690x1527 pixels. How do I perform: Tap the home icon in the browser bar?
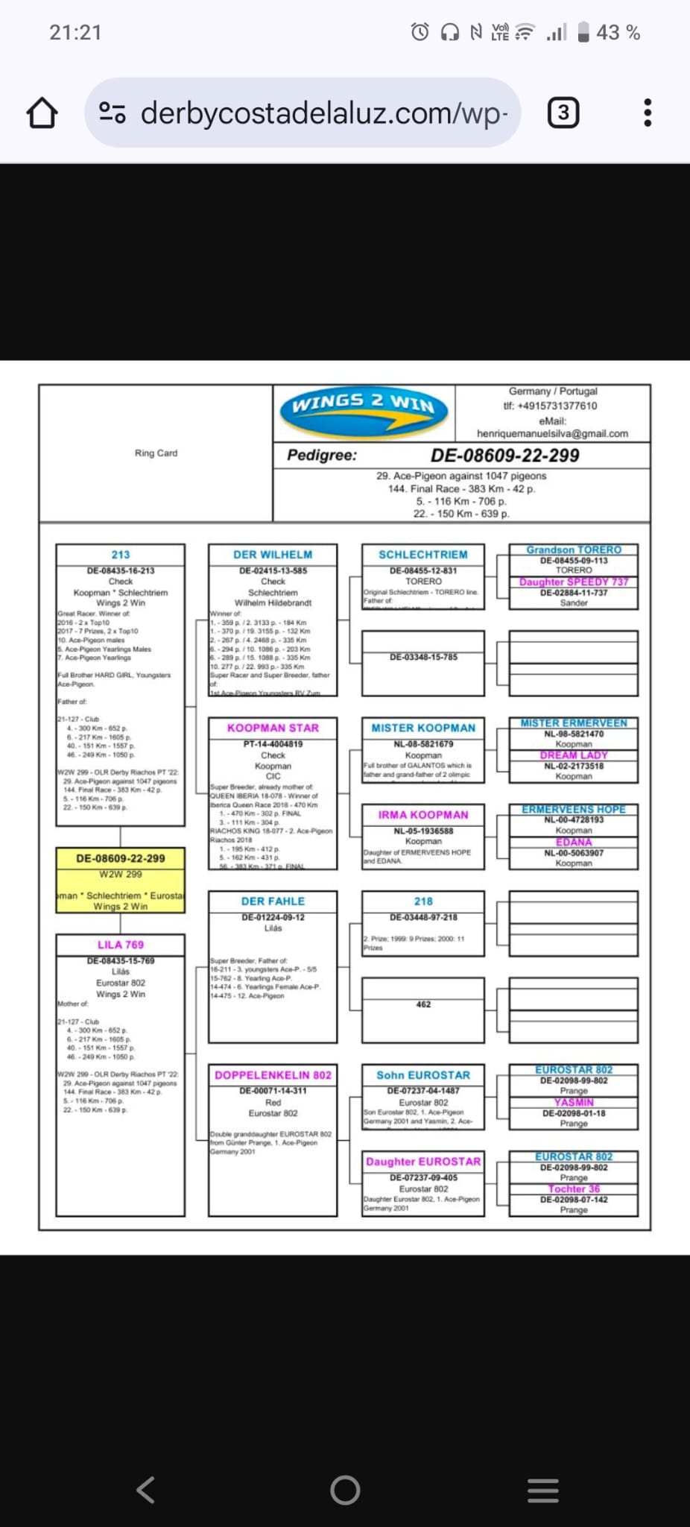pos(42,113)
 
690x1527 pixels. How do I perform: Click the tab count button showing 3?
pos(563,113)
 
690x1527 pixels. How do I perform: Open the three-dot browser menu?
pos(648,113)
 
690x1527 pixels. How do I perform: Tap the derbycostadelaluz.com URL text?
pos(323,113)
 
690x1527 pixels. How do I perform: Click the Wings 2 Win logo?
pos(364,412)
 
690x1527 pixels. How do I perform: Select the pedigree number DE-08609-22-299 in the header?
pos(504,456)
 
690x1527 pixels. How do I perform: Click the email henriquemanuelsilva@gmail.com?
pos(552,433)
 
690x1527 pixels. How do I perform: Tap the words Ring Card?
pos(156,453)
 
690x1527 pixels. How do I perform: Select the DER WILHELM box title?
pos(273,555)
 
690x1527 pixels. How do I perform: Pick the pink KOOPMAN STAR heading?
pos(273,728)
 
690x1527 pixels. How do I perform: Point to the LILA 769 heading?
pos(121,945)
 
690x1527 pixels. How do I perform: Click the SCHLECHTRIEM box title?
pos(423,555)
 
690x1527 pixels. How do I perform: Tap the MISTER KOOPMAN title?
pos(423,728)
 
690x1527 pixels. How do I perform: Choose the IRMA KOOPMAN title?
pos(423,815)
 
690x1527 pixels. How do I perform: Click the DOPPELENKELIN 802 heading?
pos(273,1075)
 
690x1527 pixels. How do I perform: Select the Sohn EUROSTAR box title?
pos(423,1075)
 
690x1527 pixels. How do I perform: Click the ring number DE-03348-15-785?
pos(423,657)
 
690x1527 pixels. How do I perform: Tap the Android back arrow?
pos(146,1490)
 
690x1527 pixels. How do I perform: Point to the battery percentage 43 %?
pos(618,32)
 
